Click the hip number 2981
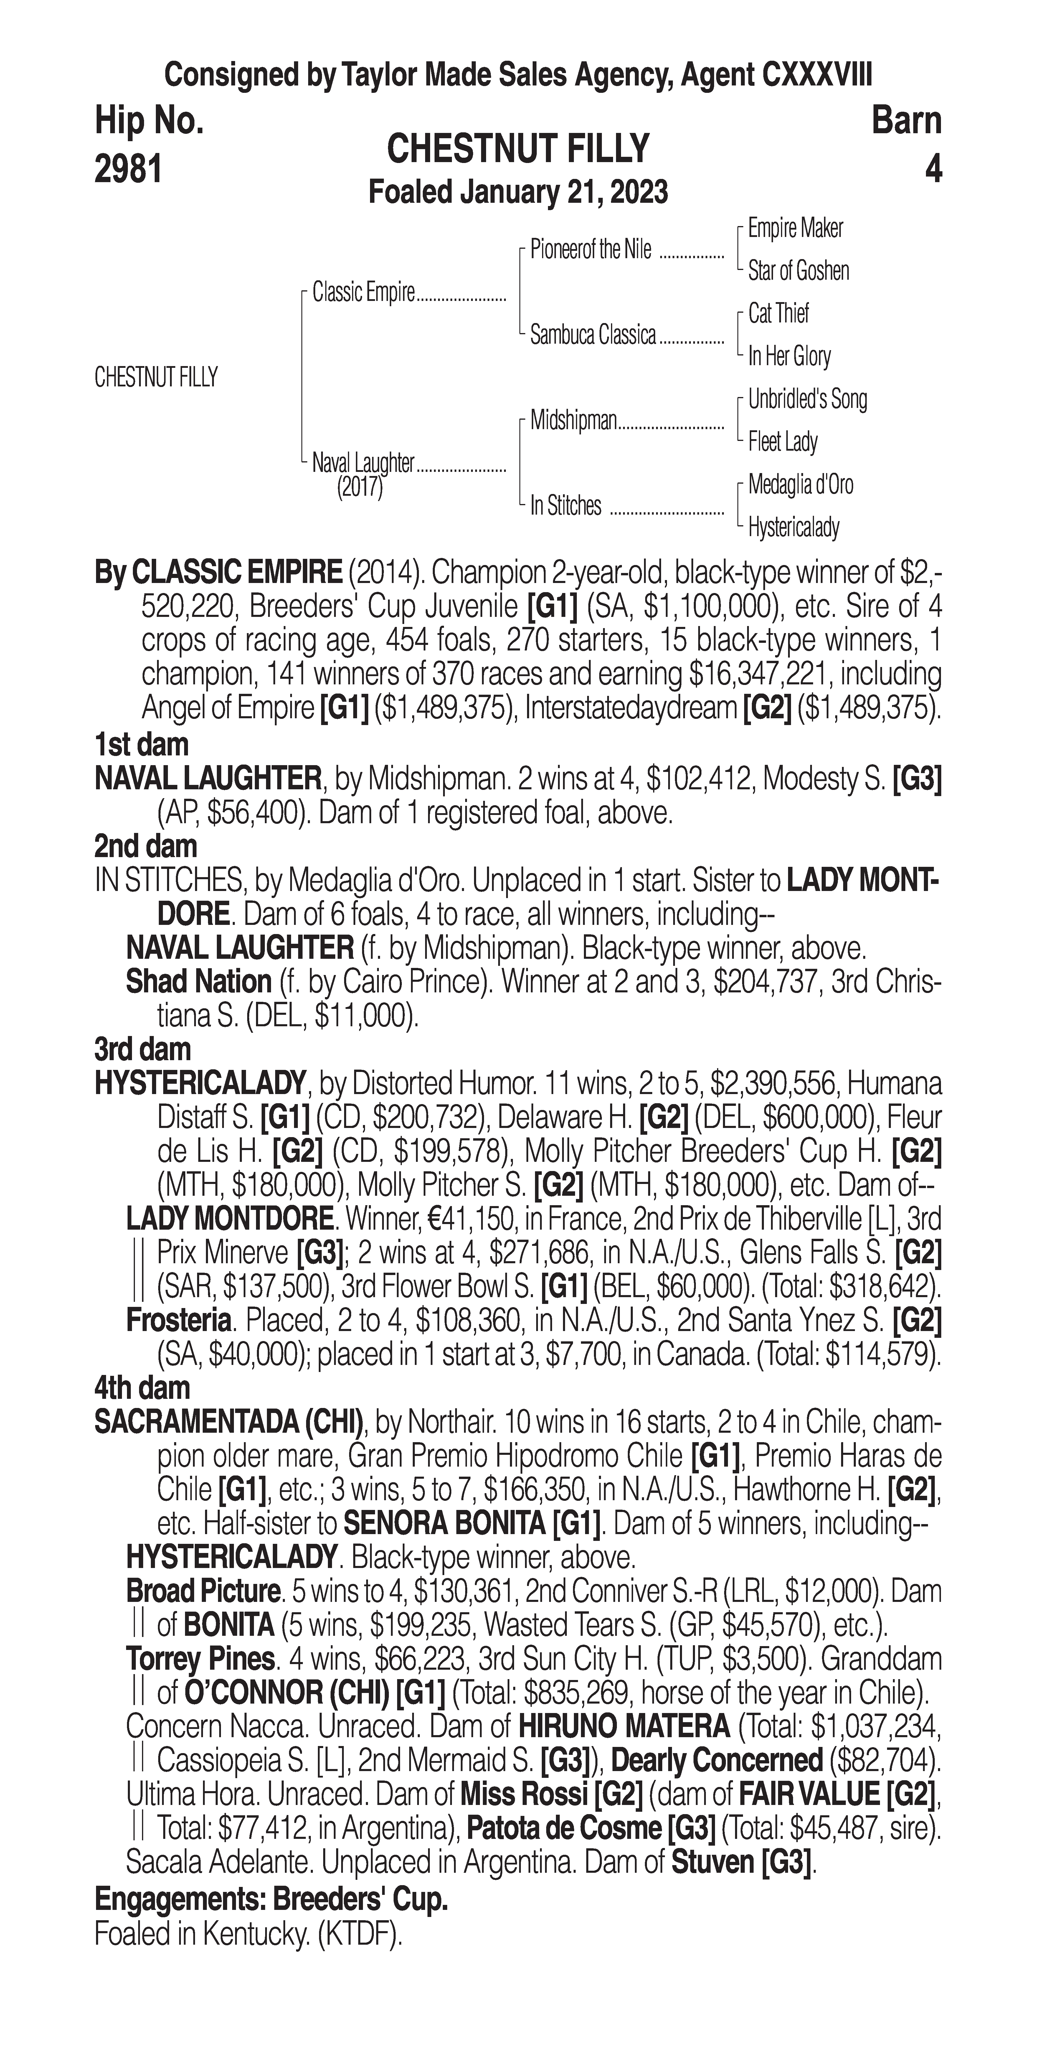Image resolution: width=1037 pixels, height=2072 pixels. (x=129, y=170)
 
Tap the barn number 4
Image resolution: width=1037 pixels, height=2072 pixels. (x=932, y=170)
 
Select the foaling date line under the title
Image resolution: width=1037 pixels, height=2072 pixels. (x=518, y=192)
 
